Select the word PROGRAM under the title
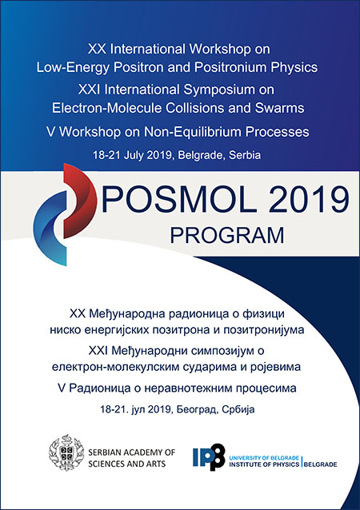(x=227, y=236)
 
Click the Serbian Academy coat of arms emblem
(x=66, y=453)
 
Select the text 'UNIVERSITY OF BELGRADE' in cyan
(x=264, y=458)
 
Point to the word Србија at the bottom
(x=238, y=409)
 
